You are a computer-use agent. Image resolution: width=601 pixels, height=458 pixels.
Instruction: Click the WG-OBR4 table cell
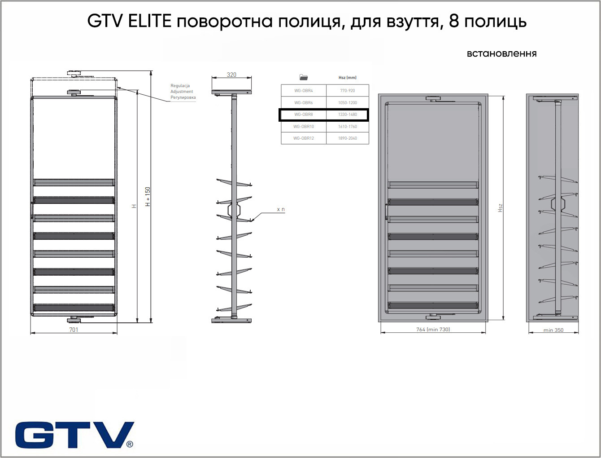coord(304,91)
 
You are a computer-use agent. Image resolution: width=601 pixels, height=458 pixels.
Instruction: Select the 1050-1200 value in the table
coord(348,103)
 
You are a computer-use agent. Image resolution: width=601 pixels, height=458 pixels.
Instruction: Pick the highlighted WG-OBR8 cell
coord(304,114)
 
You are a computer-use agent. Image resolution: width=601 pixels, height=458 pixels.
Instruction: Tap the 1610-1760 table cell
coord(348,127)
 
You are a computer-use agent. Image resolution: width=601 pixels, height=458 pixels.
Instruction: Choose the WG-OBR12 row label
coord(304,138)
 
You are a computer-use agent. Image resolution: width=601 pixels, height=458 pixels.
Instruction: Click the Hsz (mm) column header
coord(348,78)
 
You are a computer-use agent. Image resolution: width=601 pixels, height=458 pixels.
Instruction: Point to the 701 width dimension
coord(74,330)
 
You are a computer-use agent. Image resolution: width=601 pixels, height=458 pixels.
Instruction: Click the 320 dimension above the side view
coord(231,75)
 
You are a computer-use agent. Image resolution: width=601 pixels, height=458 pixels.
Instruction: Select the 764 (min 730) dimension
coord(433,330)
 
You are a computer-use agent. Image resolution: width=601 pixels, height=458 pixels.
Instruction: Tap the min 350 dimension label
coord(553,330)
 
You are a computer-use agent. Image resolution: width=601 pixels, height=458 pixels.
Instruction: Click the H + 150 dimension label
coord(148,197)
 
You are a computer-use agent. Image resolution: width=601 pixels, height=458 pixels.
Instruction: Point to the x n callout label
coord(281,209)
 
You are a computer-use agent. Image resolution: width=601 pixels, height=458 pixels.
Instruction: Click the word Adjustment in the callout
coord(182,92)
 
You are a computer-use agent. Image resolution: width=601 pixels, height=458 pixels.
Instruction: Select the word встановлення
coord(501,53)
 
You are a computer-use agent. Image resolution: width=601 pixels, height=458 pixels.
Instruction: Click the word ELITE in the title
coord(150,21)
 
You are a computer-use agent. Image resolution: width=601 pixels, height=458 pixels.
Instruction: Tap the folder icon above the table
coord(304,77)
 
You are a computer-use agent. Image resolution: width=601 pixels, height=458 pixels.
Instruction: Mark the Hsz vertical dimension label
coord(500,208)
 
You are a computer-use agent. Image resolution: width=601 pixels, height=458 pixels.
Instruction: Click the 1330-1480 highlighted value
coord(348,114)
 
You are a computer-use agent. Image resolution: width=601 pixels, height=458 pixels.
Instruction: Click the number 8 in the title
coord(454,21)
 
